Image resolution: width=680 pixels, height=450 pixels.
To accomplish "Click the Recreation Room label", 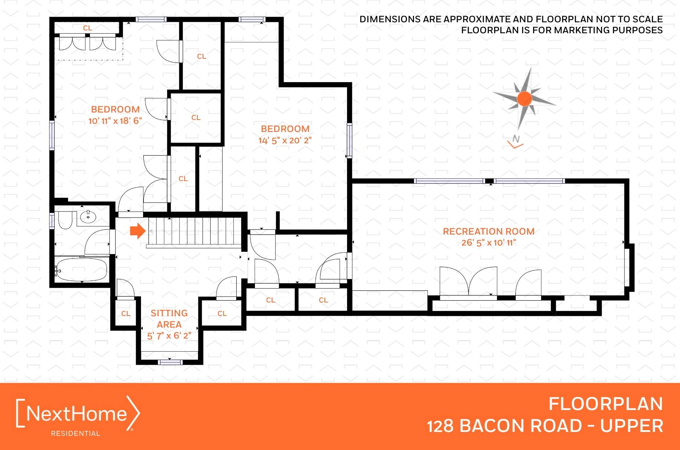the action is (489, 231).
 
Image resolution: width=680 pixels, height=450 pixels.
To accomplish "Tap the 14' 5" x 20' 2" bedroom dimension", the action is (285, 140).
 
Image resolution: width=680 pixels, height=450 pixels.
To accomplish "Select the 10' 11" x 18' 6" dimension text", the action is (115, 121).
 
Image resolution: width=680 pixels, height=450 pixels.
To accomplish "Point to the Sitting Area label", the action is (169, 319).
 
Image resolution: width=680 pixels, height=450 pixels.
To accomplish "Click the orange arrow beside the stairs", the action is (138, 231).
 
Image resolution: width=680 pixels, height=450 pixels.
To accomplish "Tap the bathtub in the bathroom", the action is (81, 270).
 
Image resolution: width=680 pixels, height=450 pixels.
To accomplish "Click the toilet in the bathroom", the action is (65, 220).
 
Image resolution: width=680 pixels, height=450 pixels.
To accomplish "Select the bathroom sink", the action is (88, 217).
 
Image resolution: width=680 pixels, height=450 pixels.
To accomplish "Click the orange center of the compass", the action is (525, 99).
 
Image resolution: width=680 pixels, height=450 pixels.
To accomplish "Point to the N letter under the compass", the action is (516, 139).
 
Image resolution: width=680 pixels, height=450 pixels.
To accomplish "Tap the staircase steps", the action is (194, 231).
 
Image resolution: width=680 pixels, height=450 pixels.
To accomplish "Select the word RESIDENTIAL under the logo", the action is (75, 433).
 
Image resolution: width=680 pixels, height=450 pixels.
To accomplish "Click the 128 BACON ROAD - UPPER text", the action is (545, 426).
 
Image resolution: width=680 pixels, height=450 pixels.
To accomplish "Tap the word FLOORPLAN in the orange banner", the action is (606, 404).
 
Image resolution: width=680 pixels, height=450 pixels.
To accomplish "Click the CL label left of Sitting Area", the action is (126, 313).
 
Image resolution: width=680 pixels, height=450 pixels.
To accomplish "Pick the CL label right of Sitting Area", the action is (222, 313).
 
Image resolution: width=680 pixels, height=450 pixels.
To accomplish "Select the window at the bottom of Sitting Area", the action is (170, 362).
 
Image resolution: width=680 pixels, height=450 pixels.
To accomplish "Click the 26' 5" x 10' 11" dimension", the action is (489, 243).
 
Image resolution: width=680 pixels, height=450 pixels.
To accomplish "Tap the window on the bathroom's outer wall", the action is (52, 221).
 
